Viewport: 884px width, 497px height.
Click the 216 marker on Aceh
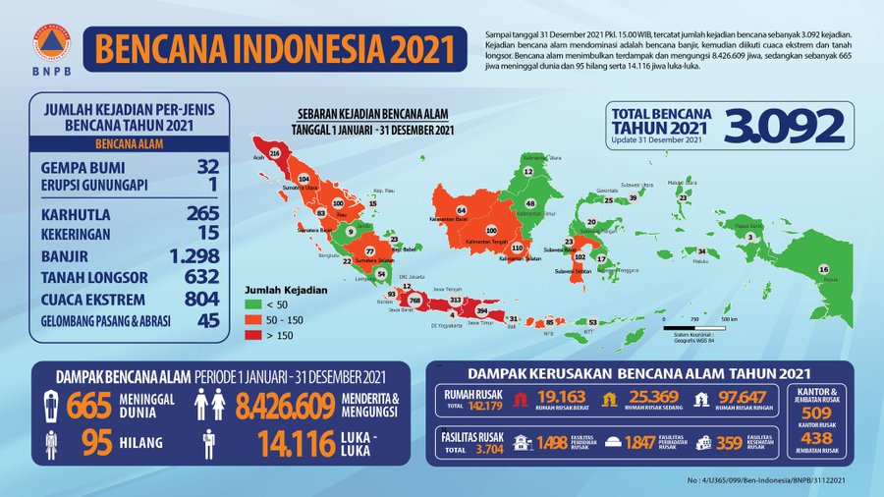click(x=275, y=154)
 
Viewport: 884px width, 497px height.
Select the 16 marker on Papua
click(x=823, y=269)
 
